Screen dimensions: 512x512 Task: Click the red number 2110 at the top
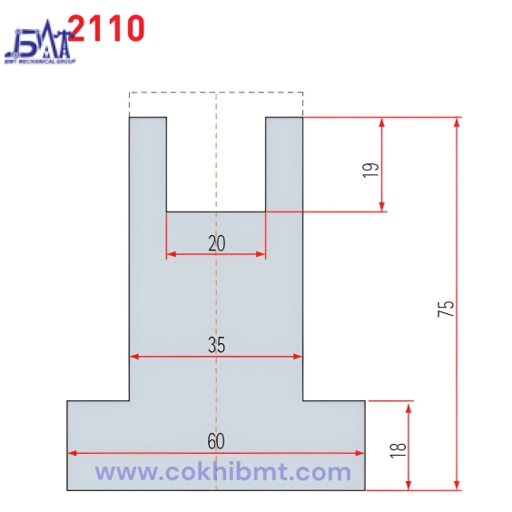pos(106,28)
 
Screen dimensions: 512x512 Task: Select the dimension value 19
pos(369,170)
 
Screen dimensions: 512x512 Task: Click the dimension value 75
pos(445,309)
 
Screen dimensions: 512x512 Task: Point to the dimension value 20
pos(216,242)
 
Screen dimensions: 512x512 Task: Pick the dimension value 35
pos(216,345)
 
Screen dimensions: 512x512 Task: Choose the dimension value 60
pos(215,442)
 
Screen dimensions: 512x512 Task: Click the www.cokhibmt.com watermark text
pos(222,472)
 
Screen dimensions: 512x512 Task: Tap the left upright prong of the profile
pos(148,163)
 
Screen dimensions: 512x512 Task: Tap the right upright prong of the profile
pos(283,163)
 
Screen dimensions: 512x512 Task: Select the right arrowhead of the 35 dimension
pos(297,357)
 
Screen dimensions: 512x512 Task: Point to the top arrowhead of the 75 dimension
pos(457,122)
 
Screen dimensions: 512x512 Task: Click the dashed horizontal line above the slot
pos(216,92)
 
